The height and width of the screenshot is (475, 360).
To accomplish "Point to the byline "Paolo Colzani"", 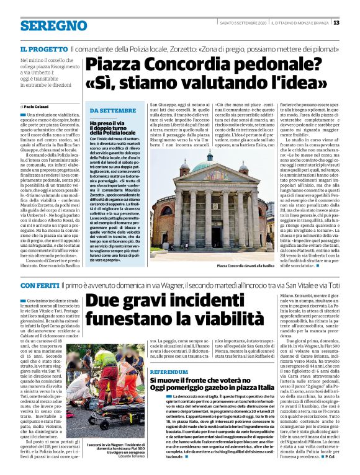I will [37, 108].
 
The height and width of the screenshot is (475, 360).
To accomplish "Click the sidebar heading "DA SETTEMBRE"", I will [113, 111].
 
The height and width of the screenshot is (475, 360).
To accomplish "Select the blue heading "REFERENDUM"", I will [168, 371].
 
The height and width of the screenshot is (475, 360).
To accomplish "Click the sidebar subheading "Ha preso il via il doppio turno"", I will [112, 128].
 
